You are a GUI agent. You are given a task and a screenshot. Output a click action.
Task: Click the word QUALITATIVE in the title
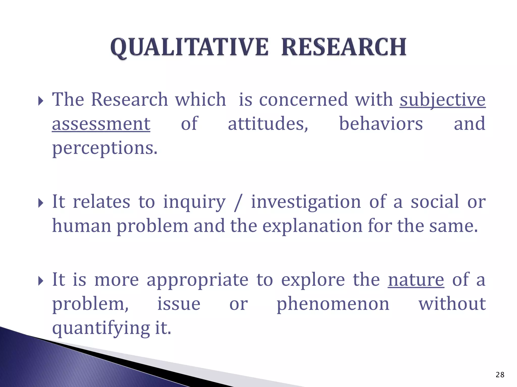[189, 47]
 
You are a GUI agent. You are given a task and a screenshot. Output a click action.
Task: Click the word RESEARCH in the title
[344, 47]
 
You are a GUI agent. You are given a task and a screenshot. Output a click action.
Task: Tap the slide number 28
[500, 375]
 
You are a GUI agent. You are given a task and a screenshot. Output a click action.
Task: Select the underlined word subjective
[442, 100]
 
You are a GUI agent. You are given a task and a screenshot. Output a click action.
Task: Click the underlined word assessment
[101, 124]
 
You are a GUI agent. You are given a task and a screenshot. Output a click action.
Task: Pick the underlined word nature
[416, 280]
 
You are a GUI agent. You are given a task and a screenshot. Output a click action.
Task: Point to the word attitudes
[268, 124]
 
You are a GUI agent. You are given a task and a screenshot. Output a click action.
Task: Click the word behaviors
[381, 124]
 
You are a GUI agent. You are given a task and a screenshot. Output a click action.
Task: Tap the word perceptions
[105, 148]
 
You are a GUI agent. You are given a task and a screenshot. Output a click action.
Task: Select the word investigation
[306, 202]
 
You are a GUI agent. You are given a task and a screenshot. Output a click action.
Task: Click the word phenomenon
[333, 304]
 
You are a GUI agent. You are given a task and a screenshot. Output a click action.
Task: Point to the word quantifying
[101, 328]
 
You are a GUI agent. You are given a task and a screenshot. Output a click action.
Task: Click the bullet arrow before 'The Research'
[41, 101]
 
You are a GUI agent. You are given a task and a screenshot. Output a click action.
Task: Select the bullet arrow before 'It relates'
[41, 203]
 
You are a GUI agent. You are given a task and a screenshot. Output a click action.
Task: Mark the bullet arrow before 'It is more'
[41, 281]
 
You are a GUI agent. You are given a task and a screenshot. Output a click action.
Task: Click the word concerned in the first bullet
[303, 100]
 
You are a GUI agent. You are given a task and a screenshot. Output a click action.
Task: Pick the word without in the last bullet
[452, 304]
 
